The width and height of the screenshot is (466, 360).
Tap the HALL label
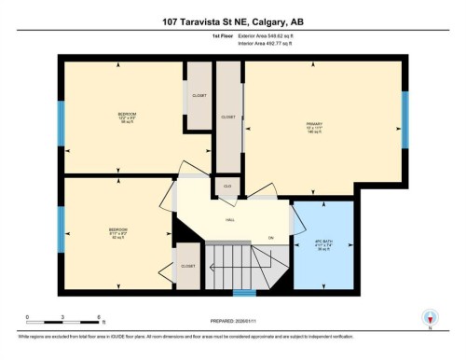[x=229, y=220]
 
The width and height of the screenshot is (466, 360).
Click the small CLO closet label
[x=227, y=187]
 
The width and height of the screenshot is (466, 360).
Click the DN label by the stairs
[x=271, y=238]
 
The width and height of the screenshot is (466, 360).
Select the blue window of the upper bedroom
[x=62, y=119]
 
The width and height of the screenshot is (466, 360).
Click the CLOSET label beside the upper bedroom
[x=198, y=95]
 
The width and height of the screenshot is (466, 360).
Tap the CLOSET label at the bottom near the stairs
[x=187, y=266]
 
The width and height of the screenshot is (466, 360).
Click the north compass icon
[x=429, y=318]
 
